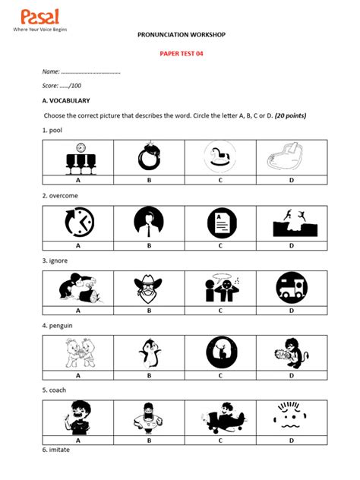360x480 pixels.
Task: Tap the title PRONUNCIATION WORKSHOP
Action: pos(181,35)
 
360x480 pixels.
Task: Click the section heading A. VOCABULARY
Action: pos(66,100)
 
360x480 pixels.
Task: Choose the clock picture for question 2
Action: pos(78,223)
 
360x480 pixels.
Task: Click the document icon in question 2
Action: pos(220,223)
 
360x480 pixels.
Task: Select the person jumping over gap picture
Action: pos(292,223)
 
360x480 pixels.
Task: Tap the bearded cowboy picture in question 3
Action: pos(150,287)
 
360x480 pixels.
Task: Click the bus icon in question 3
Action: pos(292,287)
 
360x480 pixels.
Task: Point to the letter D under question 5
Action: pos(292,441)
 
